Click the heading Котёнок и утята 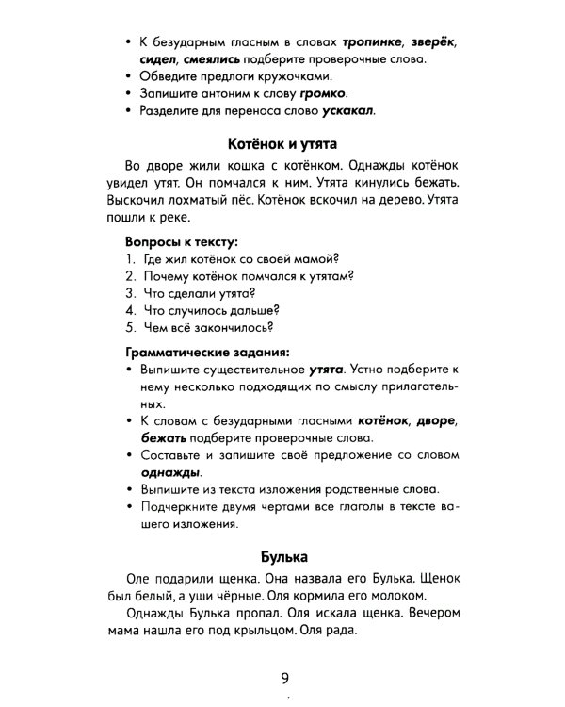tap(282, 145)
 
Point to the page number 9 tap(283, 676)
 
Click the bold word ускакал tap(344, 111)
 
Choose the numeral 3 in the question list tap(128, 293)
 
